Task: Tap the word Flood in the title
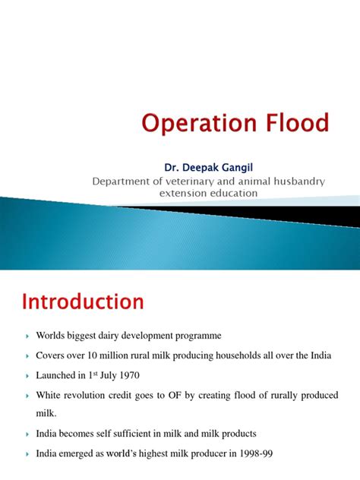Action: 289,122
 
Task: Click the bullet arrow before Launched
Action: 27,375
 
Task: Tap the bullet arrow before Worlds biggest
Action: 27,335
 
